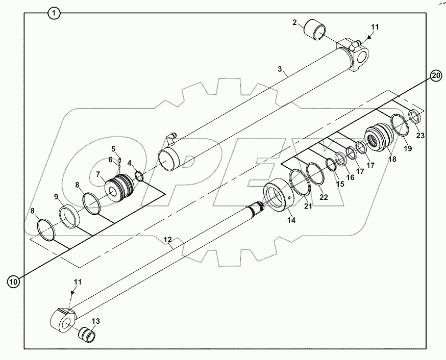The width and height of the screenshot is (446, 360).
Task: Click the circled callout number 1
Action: pos(55,13)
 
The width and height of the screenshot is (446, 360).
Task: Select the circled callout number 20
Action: pos(435,76)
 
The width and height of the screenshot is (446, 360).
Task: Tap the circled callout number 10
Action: pos(14,280)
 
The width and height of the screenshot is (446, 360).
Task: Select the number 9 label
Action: pos(56,197)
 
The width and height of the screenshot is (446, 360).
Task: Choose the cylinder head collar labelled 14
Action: pos(280,197)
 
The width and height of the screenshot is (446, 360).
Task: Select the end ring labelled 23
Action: pos(415,117)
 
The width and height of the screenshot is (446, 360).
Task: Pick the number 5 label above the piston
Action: pos(115,149)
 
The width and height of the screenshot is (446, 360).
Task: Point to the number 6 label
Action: pos(110,160)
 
